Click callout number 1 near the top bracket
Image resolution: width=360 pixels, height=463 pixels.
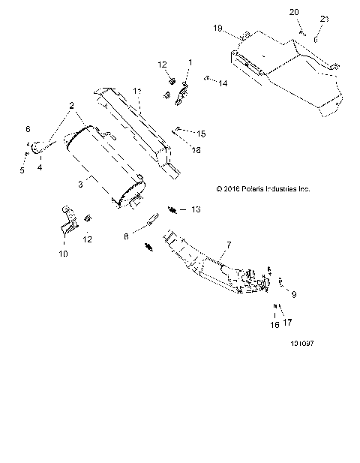coord(190,62)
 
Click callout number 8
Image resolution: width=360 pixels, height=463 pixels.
coord(126,236)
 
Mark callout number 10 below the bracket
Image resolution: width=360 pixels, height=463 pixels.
coord(63,254)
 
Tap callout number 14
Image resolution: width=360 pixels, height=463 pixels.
coord(223,84)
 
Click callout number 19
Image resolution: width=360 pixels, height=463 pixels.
coord(218,29)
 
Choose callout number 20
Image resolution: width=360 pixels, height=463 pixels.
coord(294,13)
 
